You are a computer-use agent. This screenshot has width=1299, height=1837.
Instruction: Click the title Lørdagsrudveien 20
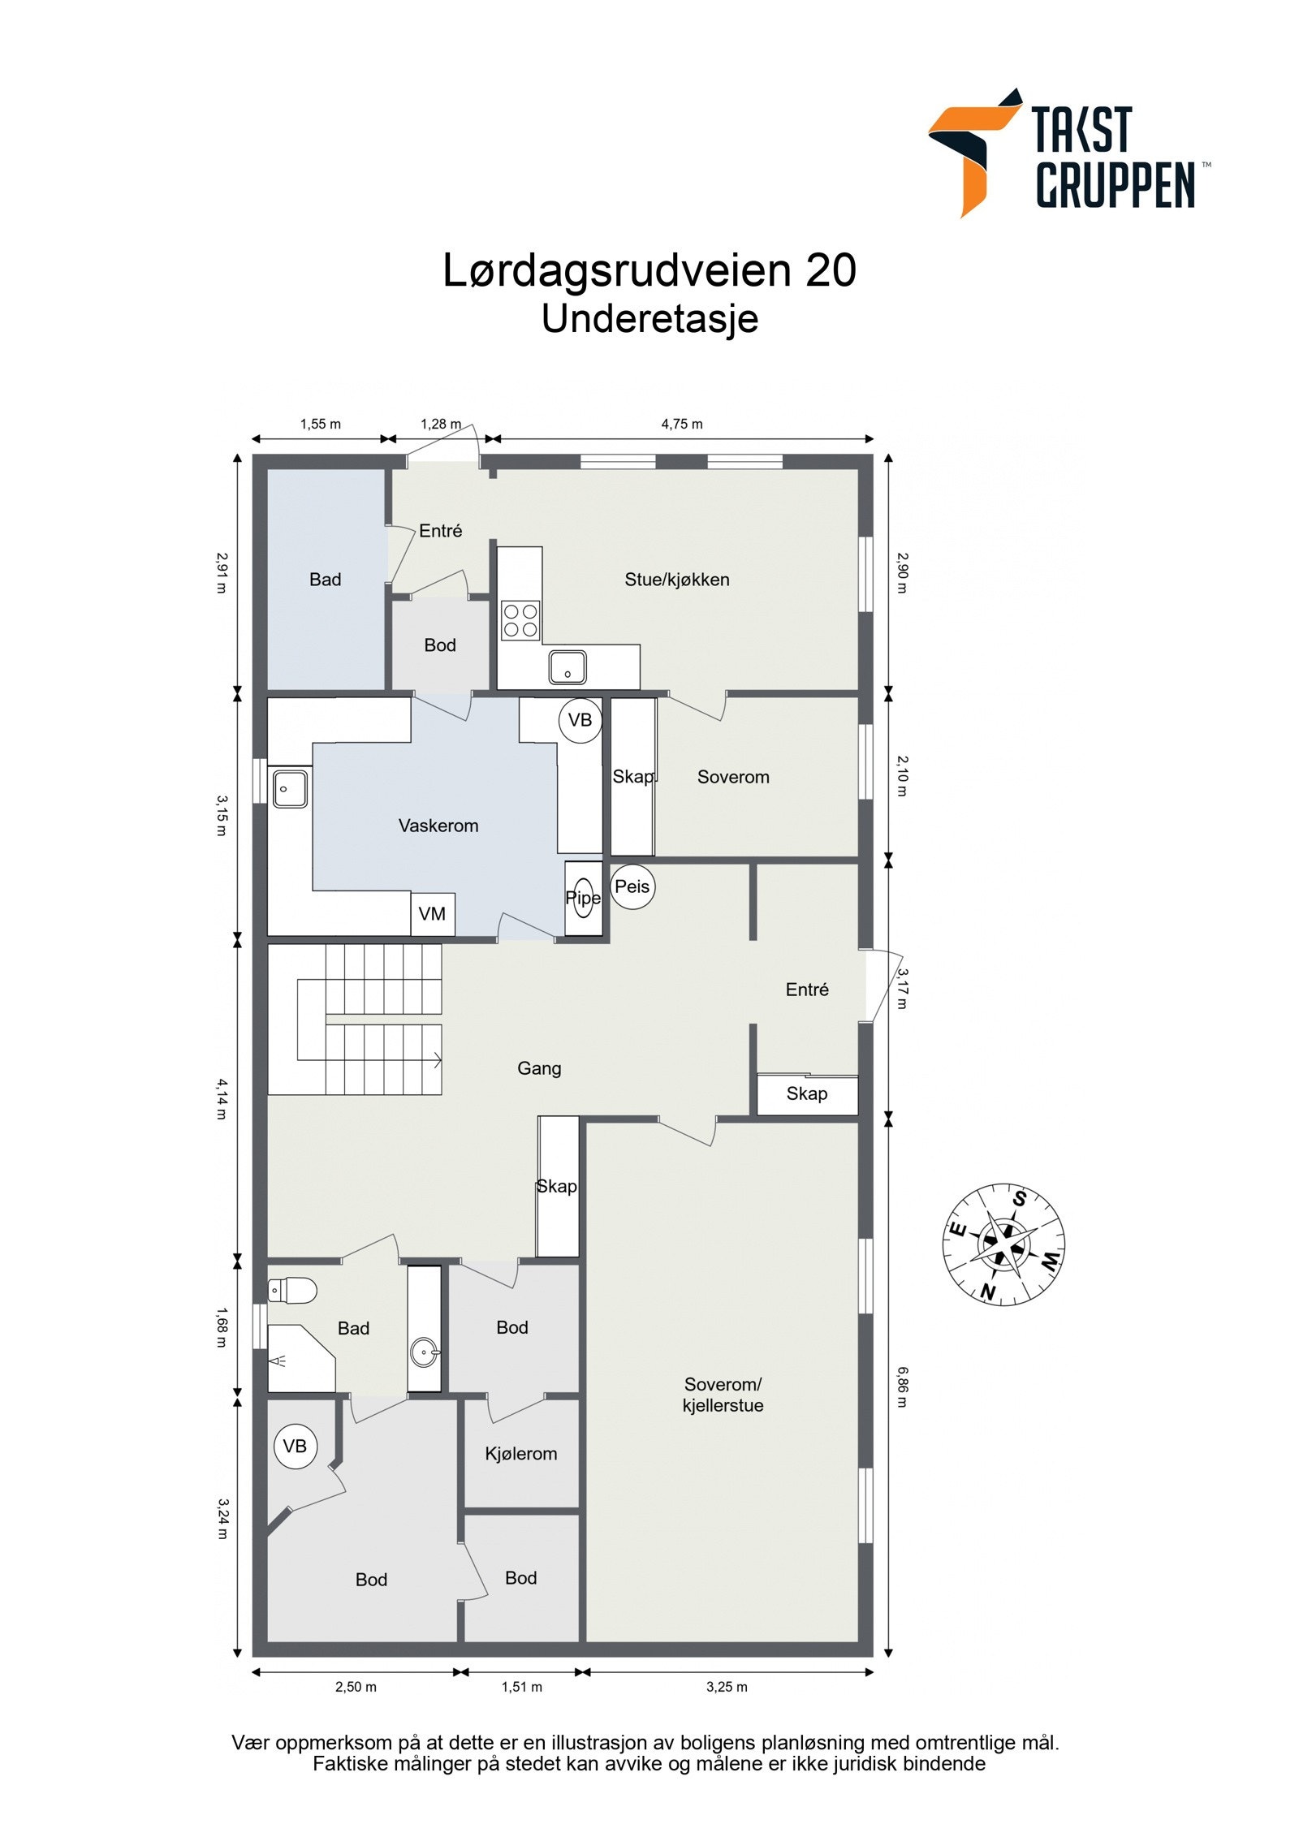pos(649,270)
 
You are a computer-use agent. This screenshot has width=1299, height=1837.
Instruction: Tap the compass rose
pos(1003,1244)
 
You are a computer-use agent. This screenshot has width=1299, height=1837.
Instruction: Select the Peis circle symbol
pos(632,886)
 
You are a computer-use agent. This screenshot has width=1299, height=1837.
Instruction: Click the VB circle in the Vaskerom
pos(580,720)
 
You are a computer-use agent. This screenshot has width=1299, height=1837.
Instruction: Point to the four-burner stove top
pos(520,620)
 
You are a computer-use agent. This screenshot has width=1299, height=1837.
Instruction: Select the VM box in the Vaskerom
pos(432,914)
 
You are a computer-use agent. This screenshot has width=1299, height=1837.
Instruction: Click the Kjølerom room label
pos(520,1453)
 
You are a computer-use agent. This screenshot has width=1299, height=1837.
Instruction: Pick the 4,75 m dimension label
pos(682,424)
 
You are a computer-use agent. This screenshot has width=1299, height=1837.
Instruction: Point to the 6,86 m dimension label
pos(902,1386)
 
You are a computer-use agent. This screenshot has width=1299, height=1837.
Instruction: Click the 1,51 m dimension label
pos(521,1687)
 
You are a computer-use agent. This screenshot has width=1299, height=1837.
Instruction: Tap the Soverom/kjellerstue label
pos(723,1395)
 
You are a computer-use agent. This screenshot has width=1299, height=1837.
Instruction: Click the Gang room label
pos(539,1068)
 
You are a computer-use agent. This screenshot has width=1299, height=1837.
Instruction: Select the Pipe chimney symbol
pos(584,898)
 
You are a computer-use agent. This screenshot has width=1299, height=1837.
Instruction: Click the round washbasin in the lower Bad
pos(424,1352)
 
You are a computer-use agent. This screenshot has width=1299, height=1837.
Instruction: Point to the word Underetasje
pos(649,319)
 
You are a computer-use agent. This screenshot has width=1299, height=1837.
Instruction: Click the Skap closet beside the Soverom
pos(632,777)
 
